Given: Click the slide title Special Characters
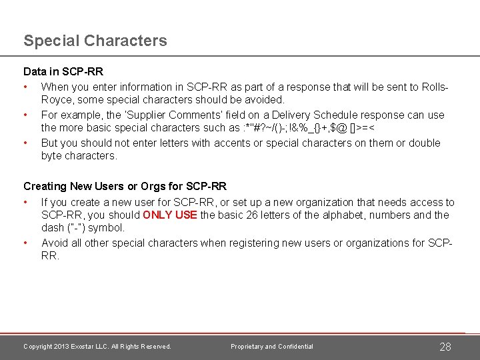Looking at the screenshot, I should [95, 41].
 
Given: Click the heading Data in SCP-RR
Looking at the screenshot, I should [63, 71].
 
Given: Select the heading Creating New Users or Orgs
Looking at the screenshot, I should [125, 186].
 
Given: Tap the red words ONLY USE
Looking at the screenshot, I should [169, 215].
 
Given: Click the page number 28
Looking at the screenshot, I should [446, 347].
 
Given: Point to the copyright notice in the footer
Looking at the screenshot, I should [97, 347].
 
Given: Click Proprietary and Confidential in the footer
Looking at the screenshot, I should [272, 347].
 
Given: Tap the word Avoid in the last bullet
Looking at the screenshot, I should [54, 243].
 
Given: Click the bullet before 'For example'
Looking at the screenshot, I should [25, 115].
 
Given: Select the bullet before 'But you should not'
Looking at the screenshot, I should [25, 143].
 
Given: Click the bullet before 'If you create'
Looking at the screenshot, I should [25, 202].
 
